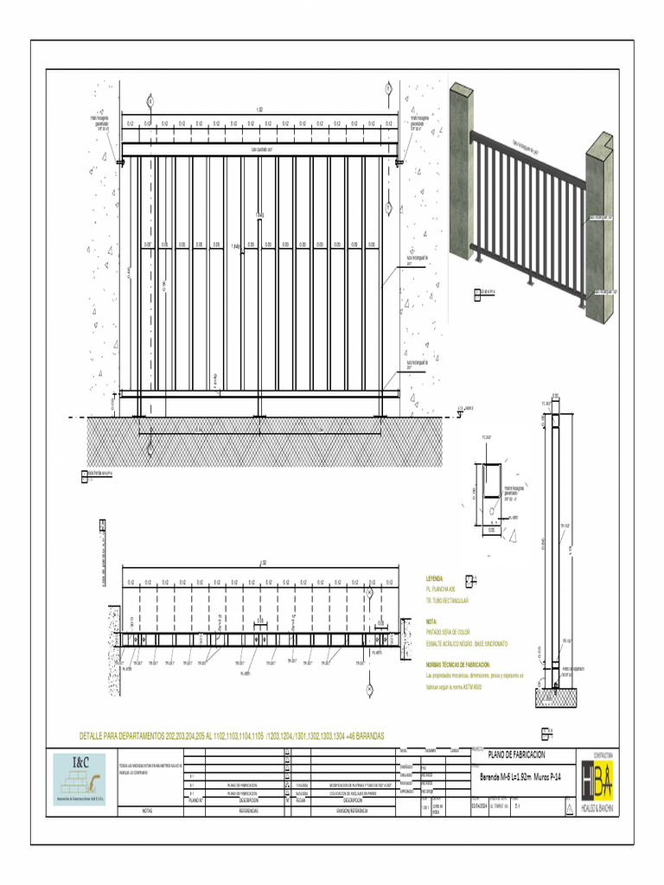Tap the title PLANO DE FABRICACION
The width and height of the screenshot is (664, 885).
[518, 754]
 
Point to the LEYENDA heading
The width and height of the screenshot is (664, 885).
[435, 578]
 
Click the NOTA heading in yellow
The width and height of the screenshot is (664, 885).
[432, 621]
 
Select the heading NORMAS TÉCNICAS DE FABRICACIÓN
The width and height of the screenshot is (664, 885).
[463, 664]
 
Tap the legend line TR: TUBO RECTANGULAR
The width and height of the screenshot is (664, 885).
[448, 599]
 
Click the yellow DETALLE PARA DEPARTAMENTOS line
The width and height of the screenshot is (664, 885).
[231, 735]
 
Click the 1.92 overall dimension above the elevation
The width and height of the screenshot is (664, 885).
[259, 110]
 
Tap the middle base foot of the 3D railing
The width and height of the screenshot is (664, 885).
[530, 280]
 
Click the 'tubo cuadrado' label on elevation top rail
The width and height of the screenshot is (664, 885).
[262, 149]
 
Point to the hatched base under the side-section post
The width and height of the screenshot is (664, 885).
[549, 696]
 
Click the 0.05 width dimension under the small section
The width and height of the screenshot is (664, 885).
[490, 530]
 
